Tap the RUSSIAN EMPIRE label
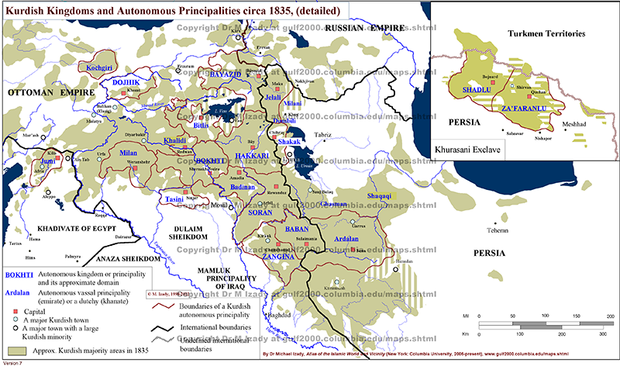coord(360,28)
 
